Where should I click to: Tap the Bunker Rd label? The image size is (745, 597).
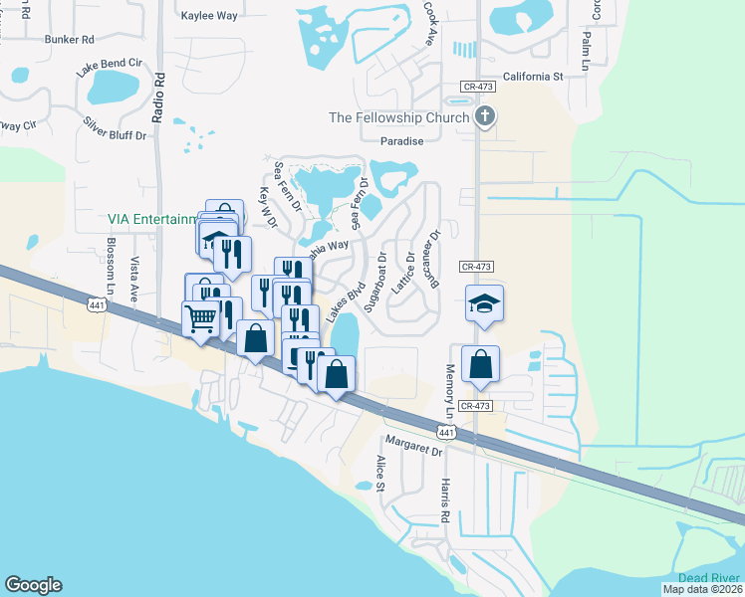tap(69, 40)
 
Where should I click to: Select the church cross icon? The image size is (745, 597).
tap(485, 118)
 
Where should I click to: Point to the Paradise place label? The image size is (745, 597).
tap(403, 141)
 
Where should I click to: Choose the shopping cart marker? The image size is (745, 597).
tap(201, 320)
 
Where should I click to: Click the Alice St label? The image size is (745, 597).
tap(379, 474)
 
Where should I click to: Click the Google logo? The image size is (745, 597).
tap(33, 585)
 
